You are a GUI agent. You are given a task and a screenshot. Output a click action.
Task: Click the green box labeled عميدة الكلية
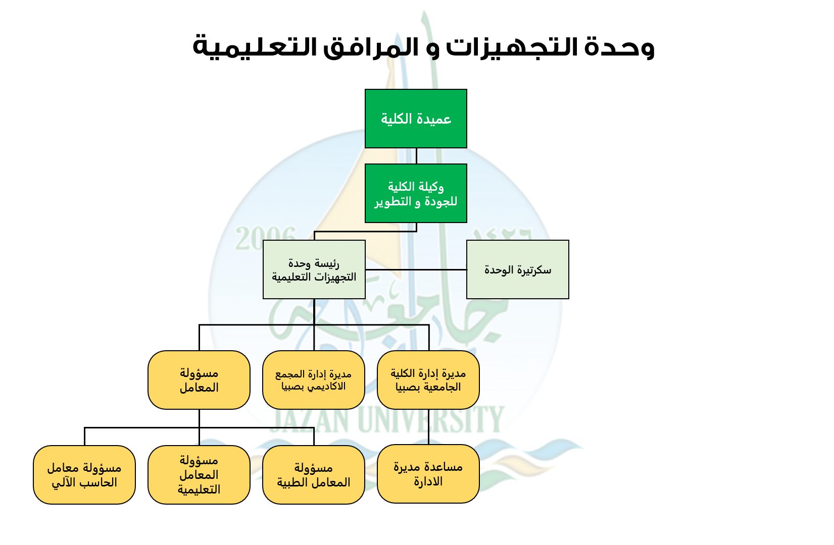(x=416, y=119)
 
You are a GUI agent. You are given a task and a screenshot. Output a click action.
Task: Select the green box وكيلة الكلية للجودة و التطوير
(x=416, y=193)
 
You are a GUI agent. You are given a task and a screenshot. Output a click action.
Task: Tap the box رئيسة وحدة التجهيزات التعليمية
(x=314, y=269)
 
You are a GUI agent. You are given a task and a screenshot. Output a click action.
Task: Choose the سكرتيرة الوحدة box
(x=517, y=269)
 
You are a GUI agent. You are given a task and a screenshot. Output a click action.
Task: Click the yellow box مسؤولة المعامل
(x=199, y=380)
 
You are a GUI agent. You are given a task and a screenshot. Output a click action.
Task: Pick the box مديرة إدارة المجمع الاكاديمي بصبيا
(x=313, y=380)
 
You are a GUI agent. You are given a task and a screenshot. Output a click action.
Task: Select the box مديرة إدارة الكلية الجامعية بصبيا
(x=428, y=380)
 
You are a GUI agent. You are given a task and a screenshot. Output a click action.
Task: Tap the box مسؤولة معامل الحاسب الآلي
(x=84, y=475)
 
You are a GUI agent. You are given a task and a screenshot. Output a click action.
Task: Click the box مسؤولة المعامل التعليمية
(x=199, y=475)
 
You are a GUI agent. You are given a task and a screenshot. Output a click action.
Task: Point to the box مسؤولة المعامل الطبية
(x=313, y=475)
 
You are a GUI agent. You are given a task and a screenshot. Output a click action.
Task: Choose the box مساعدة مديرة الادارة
(x=428, y=474)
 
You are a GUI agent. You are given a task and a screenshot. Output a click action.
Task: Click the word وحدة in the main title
(x=620, y=47)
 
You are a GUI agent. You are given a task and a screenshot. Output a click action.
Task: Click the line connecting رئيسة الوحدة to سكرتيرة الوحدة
(x=416, y=269)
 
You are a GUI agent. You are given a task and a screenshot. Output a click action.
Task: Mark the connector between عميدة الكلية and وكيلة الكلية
(x=416, y=156)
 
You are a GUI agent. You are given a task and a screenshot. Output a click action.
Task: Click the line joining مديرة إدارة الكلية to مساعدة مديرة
(x=428, y=427)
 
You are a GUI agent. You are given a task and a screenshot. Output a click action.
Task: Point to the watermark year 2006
(x=266, y=238)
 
